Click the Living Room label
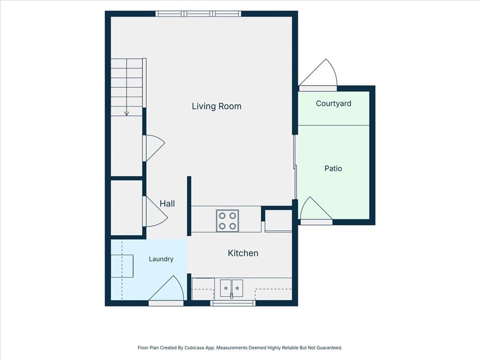217,106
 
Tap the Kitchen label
243,253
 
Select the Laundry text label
161,259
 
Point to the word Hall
167,203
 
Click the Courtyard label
333,104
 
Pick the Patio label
333,168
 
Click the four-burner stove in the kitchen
227,221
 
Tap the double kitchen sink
232,288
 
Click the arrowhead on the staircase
127,113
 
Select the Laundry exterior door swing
166,289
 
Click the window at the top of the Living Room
198,14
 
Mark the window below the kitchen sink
232,303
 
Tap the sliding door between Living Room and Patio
295,167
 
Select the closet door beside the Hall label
155,211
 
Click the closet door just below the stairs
154,148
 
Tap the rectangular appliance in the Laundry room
122,266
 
